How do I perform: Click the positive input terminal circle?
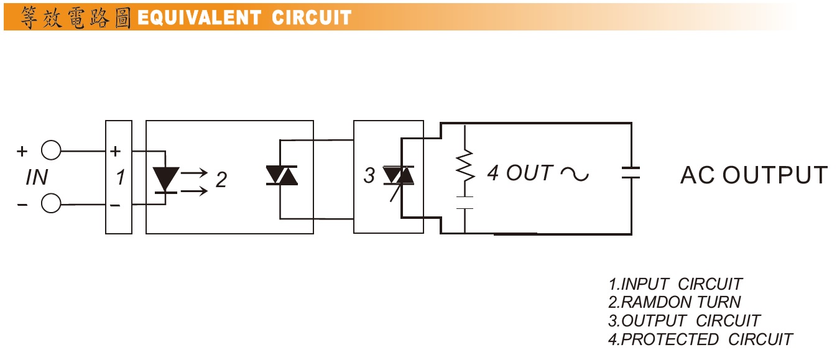click(x=51, y=150)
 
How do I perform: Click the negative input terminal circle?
click(x=51, y=203)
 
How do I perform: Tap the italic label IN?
click(x=37, y=178)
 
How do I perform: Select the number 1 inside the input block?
click(x=120, y=178)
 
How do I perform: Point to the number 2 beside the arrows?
click(x=221, y=180)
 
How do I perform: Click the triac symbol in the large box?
click(x=281, y=175)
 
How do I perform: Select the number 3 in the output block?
click(x=369, y=176)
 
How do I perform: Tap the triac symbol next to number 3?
click(x=399, y=177)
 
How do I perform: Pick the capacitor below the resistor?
click(x=465, y=203)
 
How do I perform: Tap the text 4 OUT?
click(x=520, y=173)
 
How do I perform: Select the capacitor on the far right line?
click(x=631, y=173)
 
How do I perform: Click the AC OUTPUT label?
click(x=754, y=175)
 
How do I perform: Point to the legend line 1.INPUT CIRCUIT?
click(x=675, y=284)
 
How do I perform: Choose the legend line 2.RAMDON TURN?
click(x=675, y=302)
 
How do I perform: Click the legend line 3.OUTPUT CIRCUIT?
click(x=684, y=321)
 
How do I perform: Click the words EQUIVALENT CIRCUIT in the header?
click(x=244, y=17)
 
